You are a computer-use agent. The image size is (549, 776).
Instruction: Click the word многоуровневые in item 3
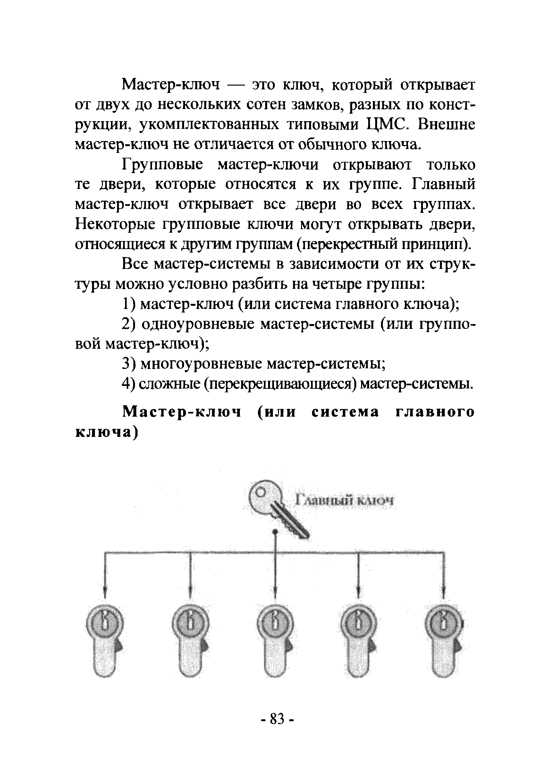point(201,364)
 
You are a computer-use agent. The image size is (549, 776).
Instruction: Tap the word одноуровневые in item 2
point(198,324)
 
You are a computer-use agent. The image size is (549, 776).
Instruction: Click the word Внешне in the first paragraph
point(446,125)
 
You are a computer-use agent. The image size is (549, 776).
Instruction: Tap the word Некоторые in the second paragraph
point(115,224)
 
